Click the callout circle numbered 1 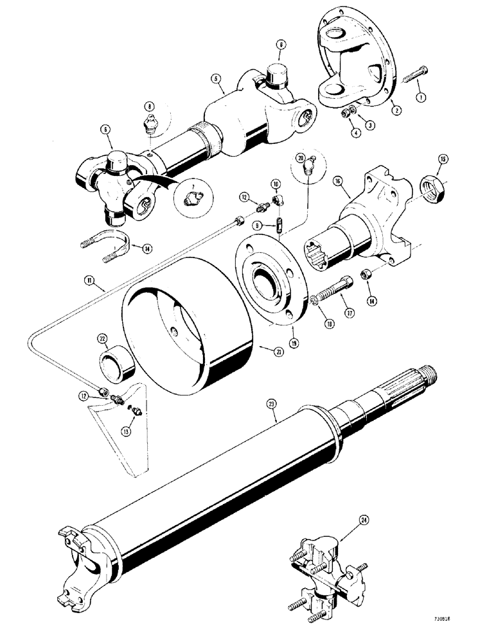tap(421, 98)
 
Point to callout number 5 tap(215, 81)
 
